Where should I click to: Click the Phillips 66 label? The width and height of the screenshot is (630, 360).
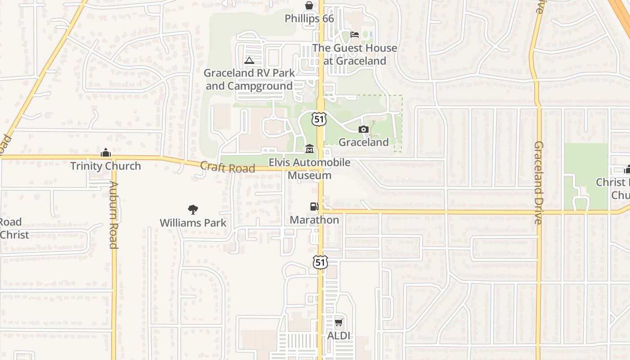coord(309,18)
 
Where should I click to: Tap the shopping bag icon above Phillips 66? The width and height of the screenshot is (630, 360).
coord(309,6)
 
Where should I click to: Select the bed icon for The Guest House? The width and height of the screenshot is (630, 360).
coord(355,35)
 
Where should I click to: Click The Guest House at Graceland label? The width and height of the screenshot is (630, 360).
coord(355,54)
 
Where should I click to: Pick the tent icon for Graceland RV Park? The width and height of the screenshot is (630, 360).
coord(249,60)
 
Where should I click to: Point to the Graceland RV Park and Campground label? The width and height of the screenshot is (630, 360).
coord(249,79)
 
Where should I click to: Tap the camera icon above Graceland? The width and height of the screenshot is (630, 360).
coord(364,130)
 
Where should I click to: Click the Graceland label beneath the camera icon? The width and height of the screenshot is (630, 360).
coord(364,142)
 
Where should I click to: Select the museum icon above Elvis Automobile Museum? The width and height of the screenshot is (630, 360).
coord(310,149)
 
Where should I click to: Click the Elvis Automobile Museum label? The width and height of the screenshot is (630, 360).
coord(310,169)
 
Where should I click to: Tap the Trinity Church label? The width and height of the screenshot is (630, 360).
coord(106,166)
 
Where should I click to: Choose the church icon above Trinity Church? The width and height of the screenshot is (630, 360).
coord(106,153)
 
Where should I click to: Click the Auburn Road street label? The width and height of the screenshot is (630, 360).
coord(113,215)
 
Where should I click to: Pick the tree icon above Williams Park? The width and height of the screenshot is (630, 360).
coord(193,209)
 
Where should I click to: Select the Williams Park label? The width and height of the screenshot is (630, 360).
coord(193,223)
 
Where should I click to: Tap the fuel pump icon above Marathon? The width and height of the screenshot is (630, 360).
coord(314,207)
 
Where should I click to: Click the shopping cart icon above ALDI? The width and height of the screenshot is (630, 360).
coord(339,322)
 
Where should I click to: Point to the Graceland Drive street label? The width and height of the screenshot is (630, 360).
coord(539,183)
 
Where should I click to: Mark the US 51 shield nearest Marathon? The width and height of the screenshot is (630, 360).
coord(320,262)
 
